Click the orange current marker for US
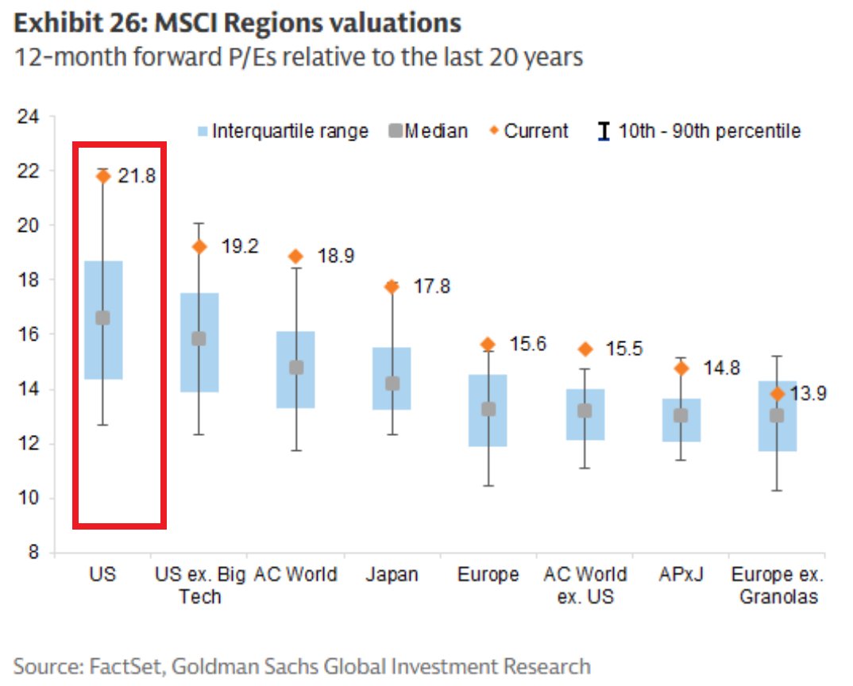pyautogui.click(x=103, y=176)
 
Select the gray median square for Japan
pyautogui.click(x=392, y=383)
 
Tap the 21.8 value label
pyautogui.click(x=137, y=176)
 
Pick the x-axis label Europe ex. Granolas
pyautogui.click(x=778, y=585)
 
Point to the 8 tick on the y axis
pyautogui.click(x=33, y=553)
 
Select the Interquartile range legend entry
pyautogui.click(x=281, y=131)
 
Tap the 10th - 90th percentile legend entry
pyautogui.click(x=699, y=131)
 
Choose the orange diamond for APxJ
pyautogui.click(x=681, y=368)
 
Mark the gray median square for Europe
pyautogui.click(x=488, y=410)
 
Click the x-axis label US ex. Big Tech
pyautogui.click(x=200, y=585)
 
